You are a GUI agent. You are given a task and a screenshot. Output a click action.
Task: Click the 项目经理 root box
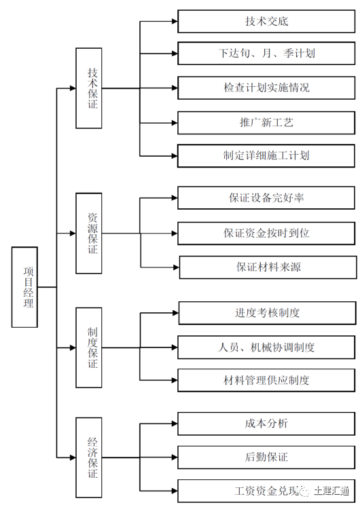click(x=24, y=287)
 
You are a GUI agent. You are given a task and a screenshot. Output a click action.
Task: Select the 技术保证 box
click(x=88, y=88)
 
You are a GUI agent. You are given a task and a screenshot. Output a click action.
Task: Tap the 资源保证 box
click(x=88, y=233)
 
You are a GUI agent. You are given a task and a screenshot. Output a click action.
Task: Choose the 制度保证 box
click(x=88, y=348)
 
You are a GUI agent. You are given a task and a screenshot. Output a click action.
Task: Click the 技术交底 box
click(x=266, y=21)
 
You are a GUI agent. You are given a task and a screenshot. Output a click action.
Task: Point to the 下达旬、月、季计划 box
click(x=266, y=54)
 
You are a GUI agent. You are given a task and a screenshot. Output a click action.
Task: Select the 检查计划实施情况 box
click(x=266, y=88)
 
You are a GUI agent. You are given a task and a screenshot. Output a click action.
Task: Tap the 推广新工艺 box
click(x=266, y=123)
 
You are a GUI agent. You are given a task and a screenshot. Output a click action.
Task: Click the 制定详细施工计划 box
click(x=266, y=155)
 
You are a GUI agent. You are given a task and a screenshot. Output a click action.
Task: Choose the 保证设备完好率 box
click(x=266, y=198)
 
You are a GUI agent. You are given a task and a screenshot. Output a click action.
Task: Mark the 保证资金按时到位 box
click(x=266, y=233)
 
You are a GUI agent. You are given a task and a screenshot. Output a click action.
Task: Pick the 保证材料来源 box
click(x=268, y=267)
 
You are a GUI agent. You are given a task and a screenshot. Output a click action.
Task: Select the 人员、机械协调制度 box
click(x=266, y=348)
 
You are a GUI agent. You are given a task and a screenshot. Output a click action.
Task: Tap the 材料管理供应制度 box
click(x=266, y=380)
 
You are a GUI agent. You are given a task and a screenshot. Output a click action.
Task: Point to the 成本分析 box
click(x=266, y=423)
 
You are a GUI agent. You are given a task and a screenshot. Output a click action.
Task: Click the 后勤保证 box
click(x=266, y=457)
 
